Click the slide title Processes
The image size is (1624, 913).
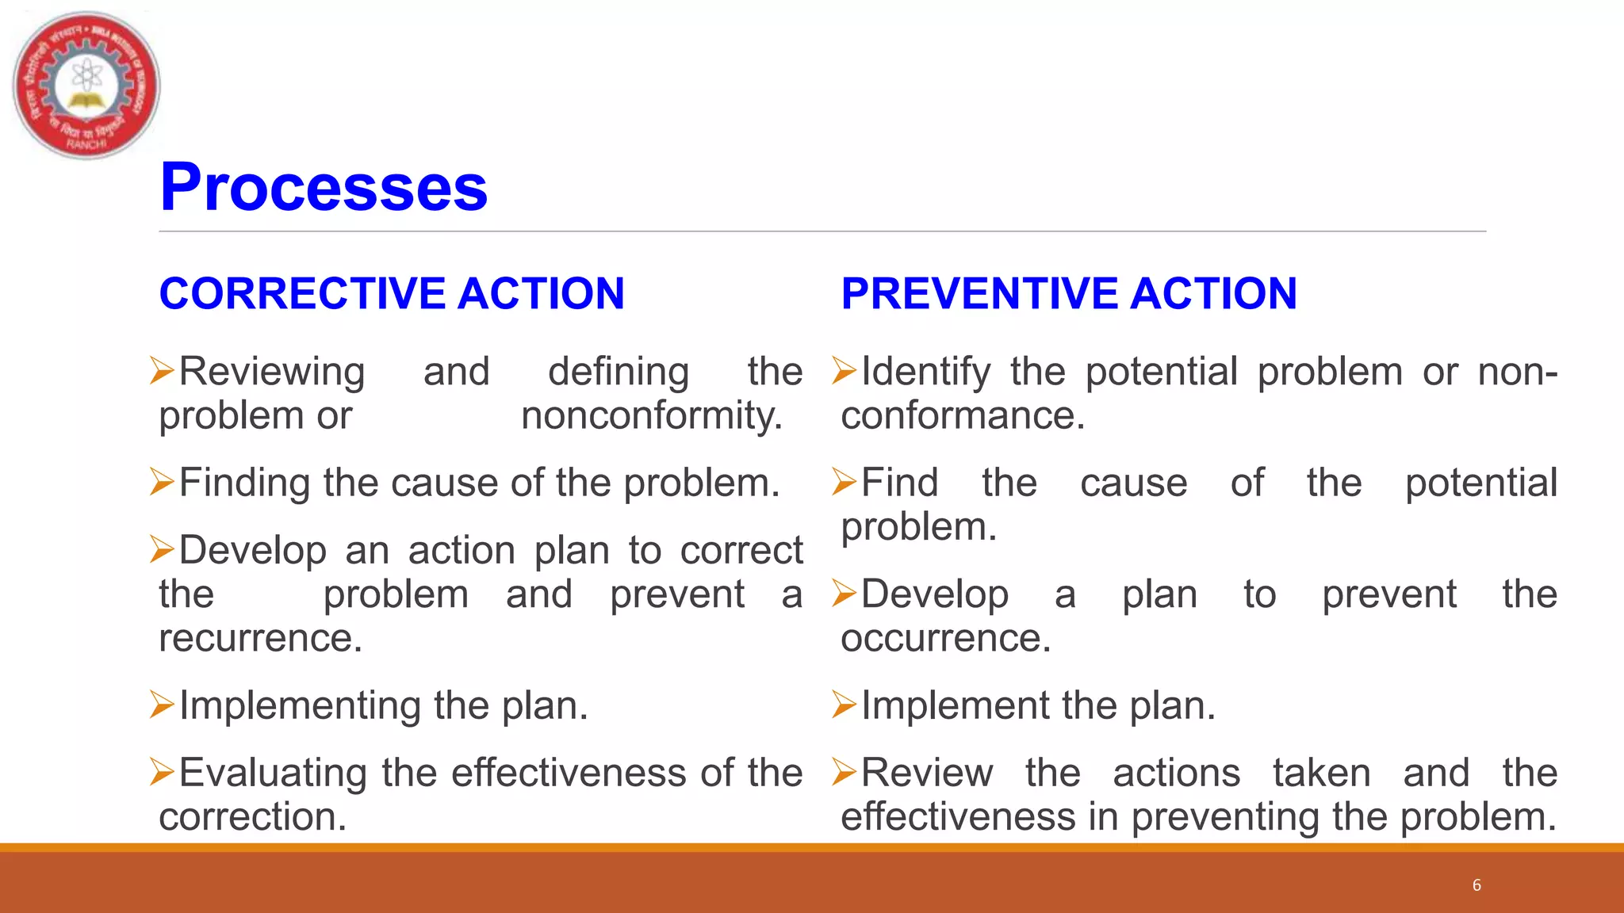point(323,187)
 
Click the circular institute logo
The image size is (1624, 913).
point(86,85)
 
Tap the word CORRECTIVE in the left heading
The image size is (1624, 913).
point(302,293)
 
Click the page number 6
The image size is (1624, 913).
point(1477,885)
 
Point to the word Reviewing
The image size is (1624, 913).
point(272,372)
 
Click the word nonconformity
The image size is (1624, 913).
point(651,416)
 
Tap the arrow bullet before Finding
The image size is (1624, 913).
point(162,482)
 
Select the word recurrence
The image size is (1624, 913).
point(260,638)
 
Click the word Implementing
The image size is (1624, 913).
point(299,705)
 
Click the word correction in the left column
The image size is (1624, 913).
point(252,817)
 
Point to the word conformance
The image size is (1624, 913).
point(963,416)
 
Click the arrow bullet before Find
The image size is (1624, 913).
point(845,482)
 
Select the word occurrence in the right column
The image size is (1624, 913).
point(945,638)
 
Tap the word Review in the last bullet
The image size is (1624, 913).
point(926,773)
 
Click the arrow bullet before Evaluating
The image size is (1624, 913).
point(162,773)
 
